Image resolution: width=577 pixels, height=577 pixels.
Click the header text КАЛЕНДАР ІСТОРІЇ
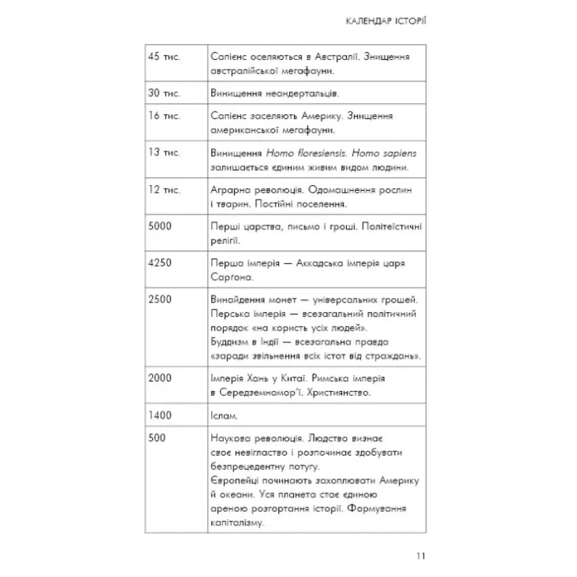click(x=385, y=21)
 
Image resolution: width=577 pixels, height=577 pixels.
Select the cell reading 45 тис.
click(x=164, y=57)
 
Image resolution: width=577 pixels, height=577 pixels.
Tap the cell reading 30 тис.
click(x=164, y=92)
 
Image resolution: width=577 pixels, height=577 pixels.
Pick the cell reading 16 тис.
click(x=164, y=116)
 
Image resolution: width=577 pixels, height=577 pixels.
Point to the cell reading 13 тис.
click(x=164, y=152)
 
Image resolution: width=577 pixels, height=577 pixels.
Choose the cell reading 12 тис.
click(x=164, y=189)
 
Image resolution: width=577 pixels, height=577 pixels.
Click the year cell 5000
click(x=160, y=226)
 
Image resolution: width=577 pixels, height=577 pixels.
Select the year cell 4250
click(x=160, y=263)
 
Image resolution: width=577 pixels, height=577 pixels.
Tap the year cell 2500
click(x=160, y=299)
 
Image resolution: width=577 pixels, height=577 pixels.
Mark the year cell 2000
click(x=160, y=378)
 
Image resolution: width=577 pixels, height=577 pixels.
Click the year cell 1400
click(x=160, y=415)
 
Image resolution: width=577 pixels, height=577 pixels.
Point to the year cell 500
click(x=157, y=439)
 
